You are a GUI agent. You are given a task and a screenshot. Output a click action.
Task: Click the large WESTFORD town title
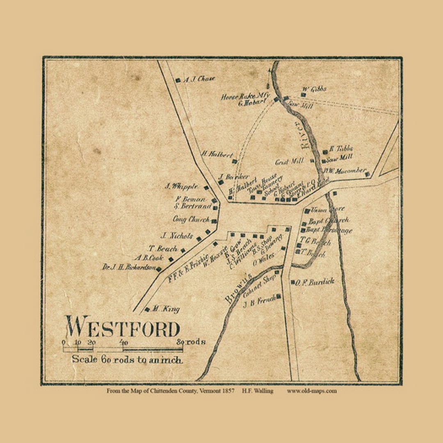(x=122, y=327)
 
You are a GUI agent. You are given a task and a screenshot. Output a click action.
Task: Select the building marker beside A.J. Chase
(x=178, y=80)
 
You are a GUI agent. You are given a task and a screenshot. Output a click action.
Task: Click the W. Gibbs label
(x=315, y=89)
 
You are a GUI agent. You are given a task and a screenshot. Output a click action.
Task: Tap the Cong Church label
(x=191, y=219)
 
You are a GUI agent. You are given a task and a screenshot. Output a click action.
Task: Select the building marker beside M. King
(x=147, y=309)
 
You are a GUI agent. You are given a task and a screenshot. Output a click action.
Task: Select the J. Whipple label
(x=182, y=186)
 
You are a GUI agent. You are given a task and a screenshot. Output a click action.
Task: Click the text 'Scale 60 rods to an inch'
(x=127, y=359)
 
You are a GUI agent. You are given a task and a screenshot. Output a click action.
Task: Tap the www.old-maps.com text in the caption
(x=312, y=391)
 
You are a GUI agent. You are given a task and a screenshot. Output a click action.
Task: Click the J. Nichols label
(x=176, y=236)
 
